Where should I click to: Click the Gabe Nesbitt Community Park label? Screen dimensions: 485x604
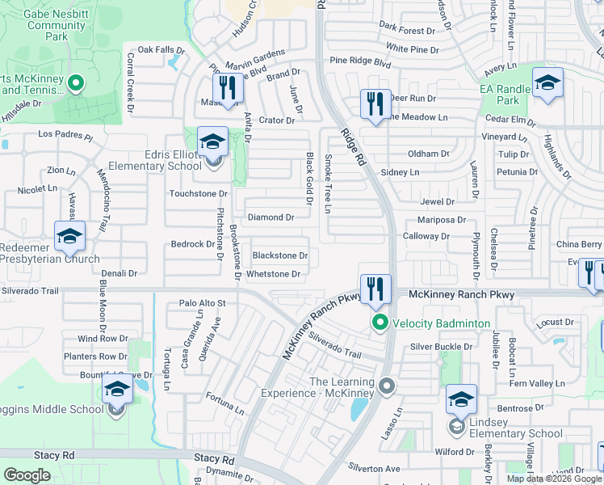[56, 25]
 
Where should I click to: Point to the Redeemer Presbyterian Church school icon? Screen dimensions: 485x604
[69, 236]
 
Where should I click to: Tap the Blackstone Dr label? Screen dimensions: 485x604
[280, 255]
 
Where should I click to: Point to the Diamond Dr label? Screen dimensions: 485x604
[271, 217]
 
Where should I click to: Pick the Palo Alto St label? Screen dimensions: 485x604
[203, 303]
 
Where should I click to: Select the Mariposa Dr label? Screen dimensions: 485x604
[442, 219]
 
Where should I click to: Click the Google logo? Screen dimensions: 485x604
[27, 475]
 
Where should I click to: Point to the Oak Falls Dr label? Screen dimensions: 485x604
[161, 50]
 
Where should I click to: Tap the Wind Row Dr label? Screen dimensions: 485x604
[103, 339]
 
